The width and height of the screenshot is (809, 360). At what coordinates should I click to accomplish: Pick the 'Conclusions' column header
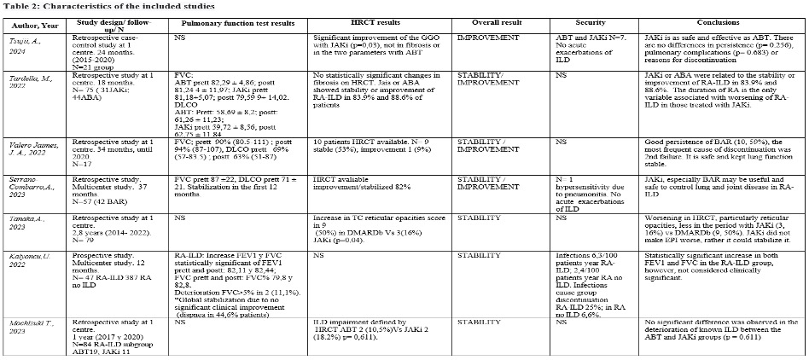pos(707,22)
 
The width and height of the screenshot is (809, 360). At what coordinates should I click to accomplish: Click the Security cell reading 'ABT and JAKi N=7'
pos(581,39)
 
